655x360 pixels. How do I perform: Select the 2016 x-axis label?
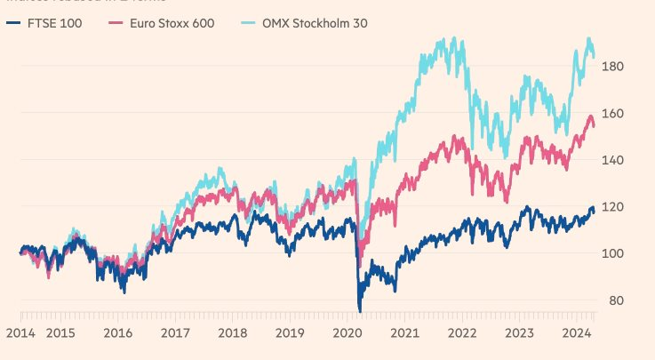point(118,332)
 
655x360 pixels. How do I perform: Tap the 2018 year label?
point(233,332)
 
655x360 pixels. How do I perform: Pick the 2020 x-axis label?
point(347,332)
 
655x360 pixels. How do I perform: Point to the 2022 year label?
point(462,332)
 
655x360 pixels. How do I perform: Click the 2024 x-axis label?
point(577,332)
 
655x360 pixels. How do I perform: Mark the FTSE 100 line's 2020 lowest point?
point(360,311)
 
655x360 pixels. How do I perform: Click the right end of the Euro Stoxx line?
point(595,125)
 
